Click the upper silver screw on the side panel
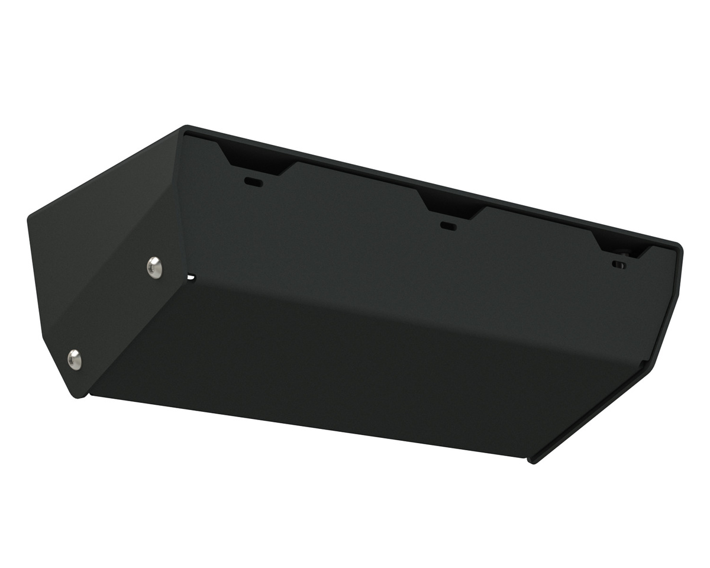(x=154, y=267)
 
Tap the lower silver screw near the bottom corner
(x=75, y=359)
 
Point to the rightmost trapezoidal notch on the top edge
(x=621, y=244)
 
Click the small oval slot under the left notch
(x=254, y=182)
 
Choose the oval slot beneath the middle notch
(x=449, y=225)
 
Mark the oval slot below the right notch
(x=619, y=264)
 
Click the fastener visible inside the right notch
(x=625, y=253)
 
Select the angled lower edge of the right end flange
(x=592, y=414)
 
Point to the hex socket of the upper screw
(x=154, y=267)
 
